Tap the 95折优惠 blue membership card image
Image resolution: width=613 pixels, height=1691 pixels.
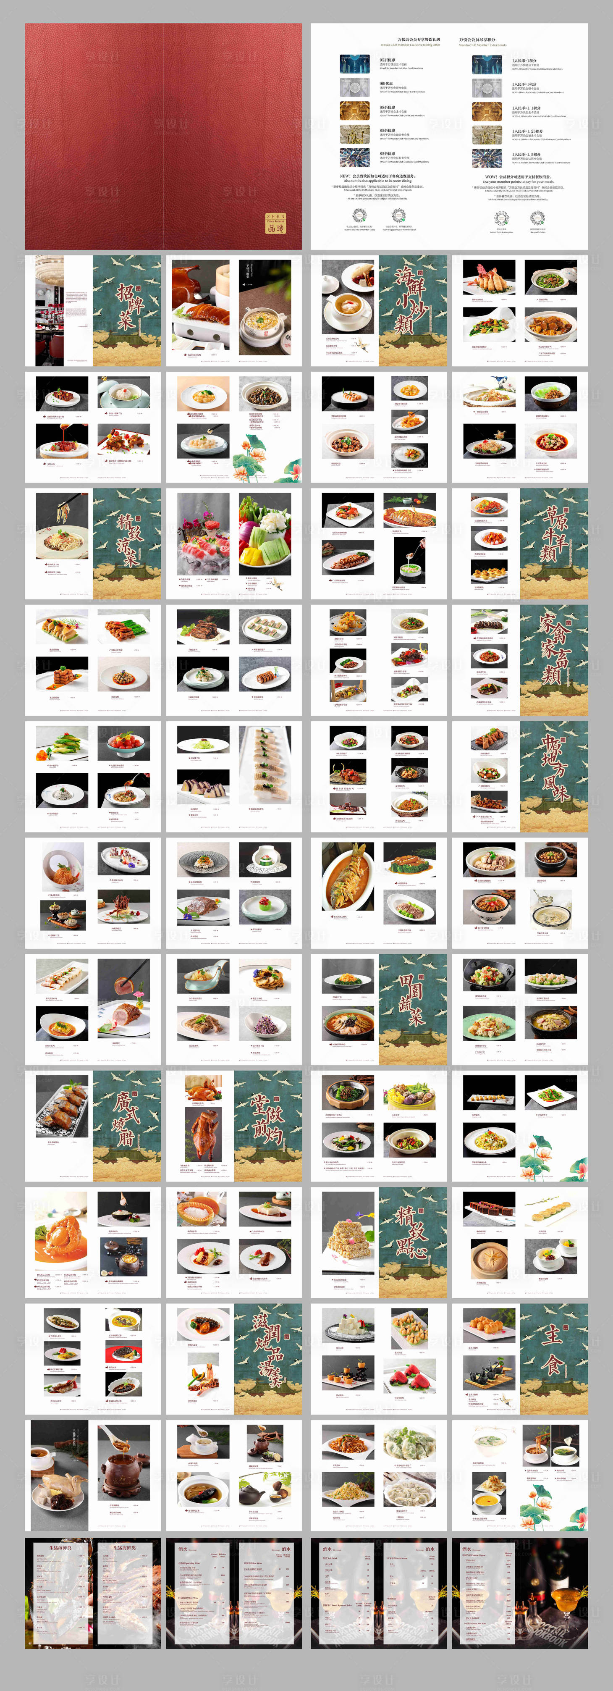pyautogui.click(x=354, y=64)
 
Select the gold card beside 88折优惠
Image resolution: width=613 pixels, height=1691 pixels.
pyautogui.click(x=354, y=110)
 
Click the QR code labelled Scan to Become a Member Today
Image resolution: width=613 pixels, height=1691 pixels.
pyautogui.click(x=359, y=215)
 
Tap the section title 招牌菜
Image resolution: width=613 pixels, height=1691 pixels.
pyautogui.click(x=127, y=305)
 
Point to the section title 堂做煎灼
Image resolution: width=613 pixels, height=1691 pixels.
pyautogui.click(x=268, y=1119)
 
